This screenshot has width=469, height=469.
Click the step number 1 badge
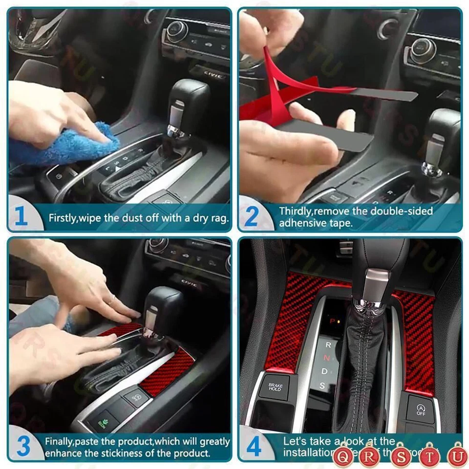pos(21,216)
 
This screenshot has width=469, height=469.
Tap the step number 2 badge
pos(251,216)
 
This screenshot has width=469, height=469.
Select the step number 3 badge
pos(22,447)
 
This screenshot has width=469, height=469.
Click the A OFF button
pos(421,409)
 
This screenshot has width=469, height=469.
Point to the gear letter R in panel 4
pos(328,345)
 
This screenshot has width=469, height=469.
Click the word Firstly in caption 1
pos(62,218)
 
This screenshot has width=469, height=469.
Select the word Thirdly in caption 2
pos(295,211)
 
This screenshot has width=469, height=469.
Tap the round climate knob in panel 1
pos(177,30)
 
